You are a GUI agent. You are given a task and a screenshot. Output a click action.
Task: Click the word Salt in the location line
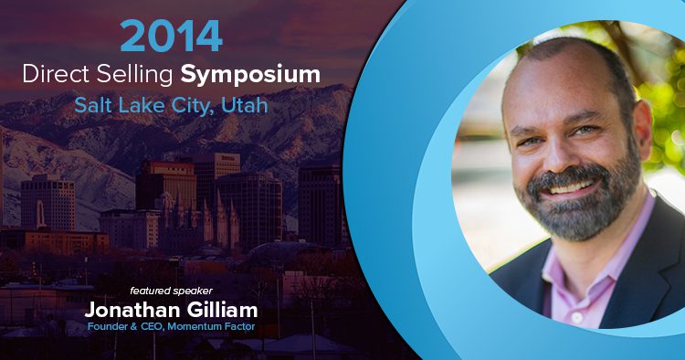tap(90, 105)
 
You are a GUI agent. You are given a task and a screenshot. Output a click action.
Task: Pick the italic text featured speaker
tap(172, 291)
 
